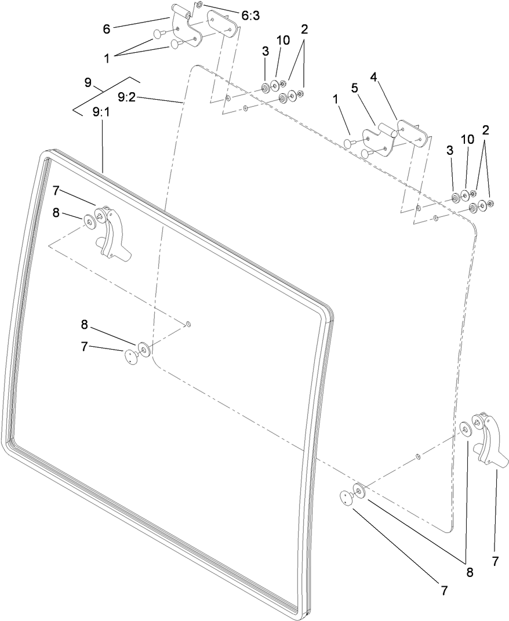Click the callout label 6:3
[x=250, y=16]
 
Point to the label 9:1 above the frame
[x=101, y=112]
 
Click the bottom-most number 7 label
[x=444, y=590]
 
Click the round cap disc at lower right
[x=347, y=498]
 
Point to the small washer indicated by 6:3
[x=199, y=5]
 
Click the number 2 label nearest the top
[x=304, y=30]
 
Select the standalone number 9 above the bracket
[x=88, y=82]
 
